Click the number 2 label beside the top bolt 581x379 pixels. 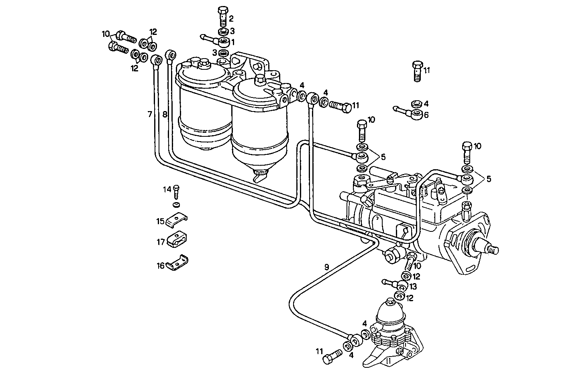[231, 18]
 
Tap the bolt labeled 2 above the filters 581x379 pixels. [222, 15]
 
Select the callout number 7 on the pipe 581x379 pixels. [150, 115]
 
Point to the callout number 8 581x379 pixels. [165, 115]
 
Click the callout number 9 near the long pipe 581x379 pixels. [326, 267]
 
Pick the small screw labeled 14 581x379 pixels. [176, 193]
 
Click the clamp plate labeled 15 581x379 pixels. [177, 220]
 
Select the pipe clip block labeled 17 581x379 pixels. [177, 240]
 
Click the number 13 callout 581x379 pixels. [413, 287]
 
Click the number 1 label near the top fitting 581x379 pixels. [232, 41]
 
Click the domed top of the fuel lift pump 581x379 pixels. [390, 307]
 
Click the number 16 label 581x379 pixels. [161, 266]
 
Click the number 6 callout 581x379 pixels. [426, 115]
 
